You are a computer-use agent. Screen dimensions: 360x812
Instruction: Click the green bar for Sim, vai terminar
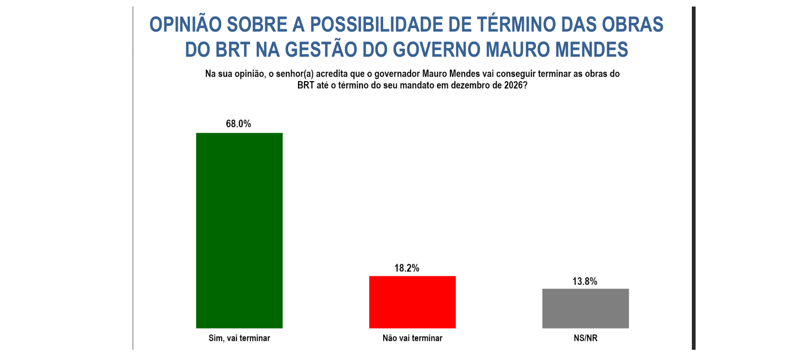[x=239, y=231]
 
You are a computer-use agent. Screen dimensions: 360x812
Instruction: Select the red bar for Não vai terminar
[x=412, y=302]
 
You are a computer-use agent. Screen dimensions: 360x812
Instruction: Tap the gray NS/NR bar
[x=585, y=308]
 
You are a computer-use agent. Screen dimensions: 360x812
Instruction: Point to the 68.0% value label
[x=238, y=124]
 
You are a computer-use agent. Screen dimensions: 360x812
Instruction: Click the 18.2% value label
[x=406, y=268]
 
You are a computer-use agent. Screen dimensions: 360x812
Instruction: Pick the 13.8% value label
[x=584, y=281]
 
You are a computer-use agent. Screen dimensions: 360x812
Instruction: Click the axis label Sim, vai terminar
[x=239, y=338]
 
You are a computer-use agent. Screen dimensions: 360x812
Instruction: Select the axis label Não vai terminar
[x=412, y=338]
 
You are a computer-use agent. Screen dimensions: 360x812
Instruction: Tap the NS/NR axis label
[x=585, y=338]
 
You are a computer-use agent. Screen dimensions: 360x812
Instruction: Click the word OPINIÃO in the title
[x=185, y=25]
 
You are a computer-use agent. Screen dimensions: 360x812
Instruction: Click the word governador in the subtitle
[x=397, y=74]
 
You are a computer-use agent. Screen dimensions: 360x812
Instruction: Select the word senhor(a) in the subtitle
[x=295, y=74]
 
